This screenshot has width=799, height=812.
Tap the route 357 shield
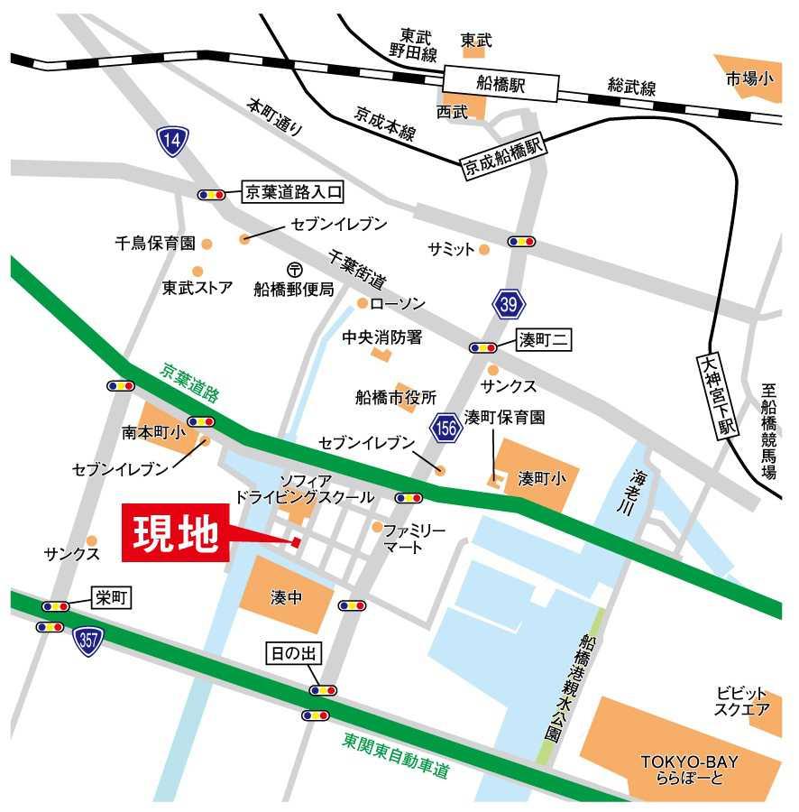coord(88,641)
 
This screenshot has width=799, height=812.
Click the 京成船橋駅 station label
coord(506,158)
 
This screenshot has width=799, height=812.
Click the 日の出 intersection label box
coord(291,653)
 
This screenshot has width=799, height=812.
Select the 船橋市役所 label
coord(396,397)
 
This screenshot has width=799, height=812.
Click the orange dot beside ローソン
coord(363,303)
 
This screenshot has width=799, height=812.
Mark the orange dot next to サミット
coord(484,249)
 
